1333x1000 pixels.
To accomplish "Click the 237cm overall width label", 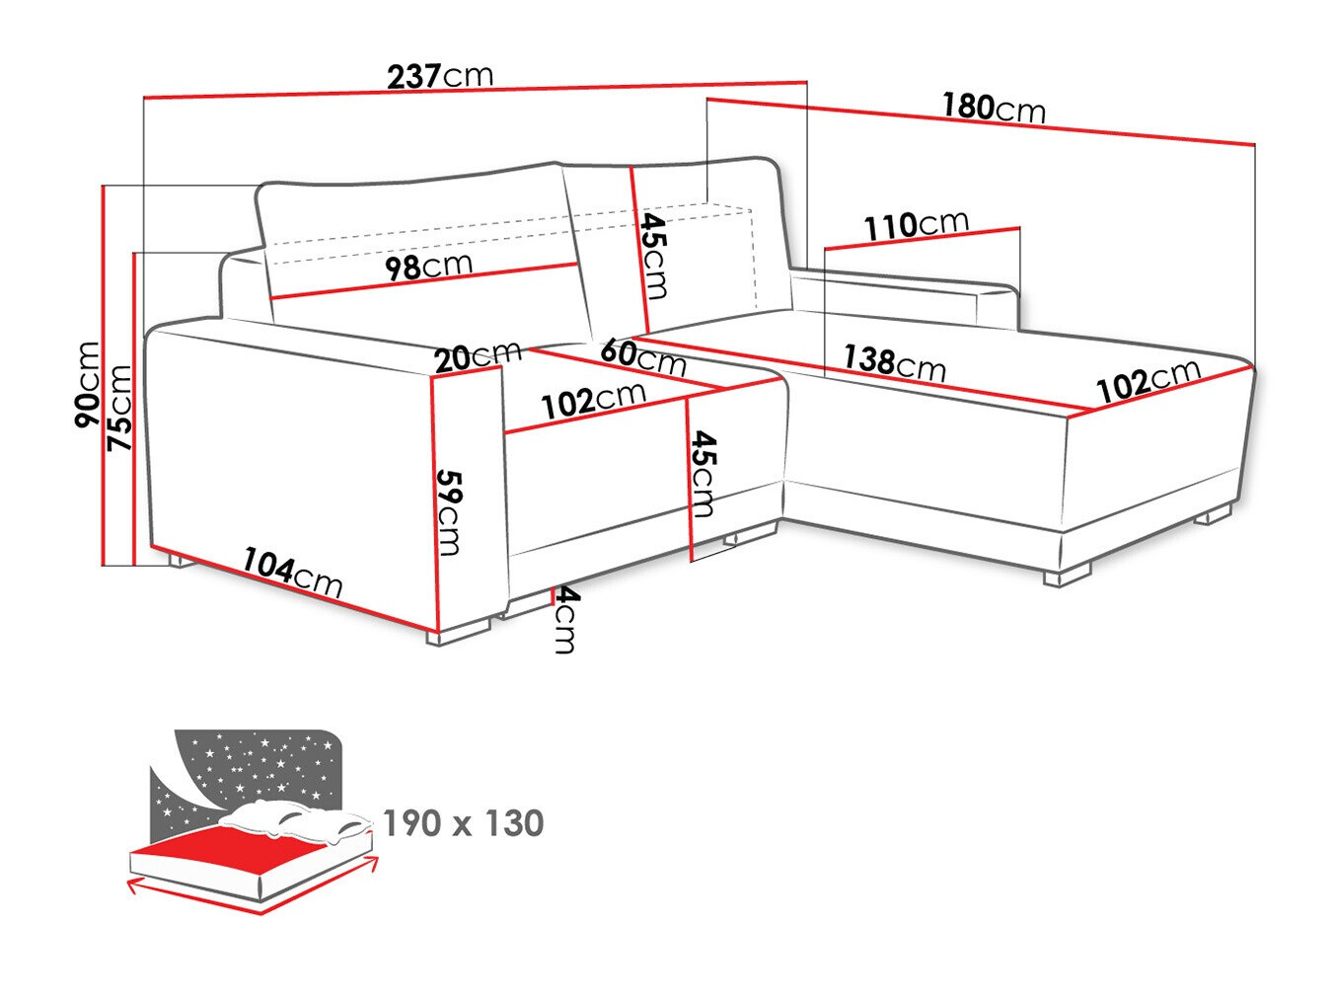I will [440, 75].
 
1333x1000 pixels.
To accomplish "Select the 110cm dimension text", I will [916, 225].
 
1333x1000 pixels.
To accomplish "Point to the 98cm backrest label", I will [428, 266].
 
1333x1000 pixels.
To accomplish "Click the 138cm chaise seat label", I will [894, 361].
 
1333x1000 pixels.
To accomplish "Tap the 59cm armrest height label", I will [449, 511].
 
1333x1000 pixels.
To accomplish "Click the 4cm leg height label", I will [563, 620].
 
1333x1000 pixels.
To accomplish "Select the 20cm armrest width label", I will [479, 355].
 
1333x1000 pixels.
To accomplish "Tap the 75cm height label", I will [119, 408].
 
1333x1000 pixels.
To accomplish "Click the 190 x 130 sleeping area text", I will [463, 822].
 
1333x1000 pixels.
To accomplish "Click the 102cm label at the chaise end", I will [1148, 380].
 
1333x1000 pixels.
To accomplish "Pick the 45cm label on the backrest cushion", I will [652, 255].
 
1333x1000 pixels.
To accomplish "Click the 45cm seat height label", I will [703, 473].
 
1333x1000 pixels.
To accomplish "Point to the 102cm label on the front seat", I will [593, 399].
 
